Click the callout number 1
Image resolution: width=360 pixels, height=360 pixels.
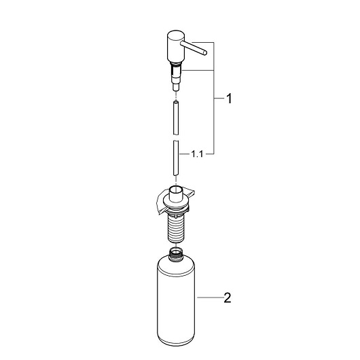229,98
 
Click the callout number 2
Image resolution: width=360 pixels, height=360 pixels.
228,298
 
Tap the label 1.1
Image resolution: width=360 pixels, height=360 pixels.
197,154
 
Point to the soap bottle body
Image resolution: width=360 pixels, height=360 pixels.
176,302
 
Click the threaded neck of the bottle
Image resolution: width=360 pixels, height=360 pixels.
176,255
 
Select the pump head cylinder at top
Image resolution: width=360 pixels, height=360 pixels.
176,47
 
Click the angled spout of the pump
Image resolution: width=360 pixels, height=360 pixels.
194,48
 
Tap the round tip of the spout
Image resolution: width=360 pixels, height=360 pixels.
205,53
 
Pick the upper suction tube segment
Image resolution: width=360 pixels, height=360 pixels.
176,118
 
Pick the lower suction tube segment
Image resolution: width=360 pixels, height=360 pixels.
176,158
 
